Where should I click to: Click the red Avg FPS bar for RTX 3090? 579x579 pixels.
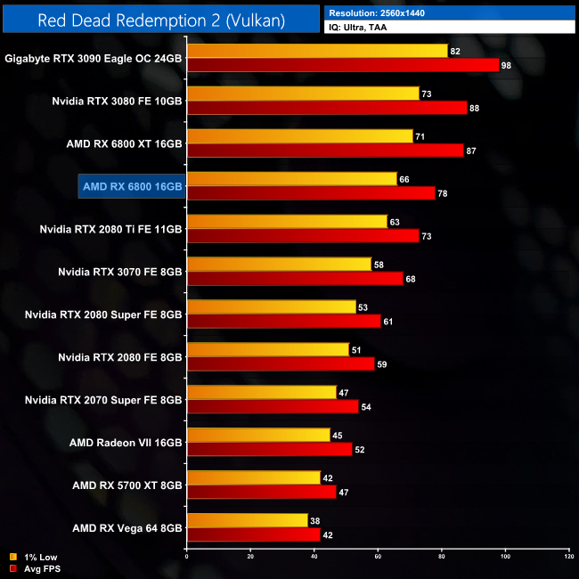click(343, 65)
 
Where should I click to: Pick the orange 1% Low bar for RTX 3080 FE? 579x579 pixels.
click(303, 94)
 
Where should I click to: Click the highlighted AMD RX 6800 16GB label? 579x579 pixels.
click(131, 186)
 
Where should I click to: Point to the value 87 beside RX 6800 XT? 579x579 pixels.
click(471, 151)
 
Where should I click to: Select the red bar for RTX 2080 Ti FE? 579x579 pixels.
click(303, 236)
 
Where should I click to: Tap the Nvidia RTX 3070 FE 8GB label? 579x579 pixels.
click(119, 272)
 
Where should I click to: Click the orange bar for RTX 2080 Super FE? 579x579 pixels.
click(271, 307)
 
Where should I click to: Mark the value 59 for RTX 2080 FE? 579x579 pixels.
click(382, 364)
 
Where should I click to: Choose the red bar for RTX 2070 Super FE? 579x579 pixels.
click(273, 407)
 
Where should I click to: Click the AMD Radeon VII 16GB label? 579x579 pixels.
click(126, 443)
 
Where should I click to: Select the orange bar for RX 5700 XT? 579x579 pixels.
click(253, 478)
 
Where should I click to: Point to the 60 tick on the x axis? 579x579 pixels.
click(378, 557)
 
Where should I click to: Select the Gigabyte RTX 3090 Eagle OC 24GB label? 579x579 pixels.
click(94, 58)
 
